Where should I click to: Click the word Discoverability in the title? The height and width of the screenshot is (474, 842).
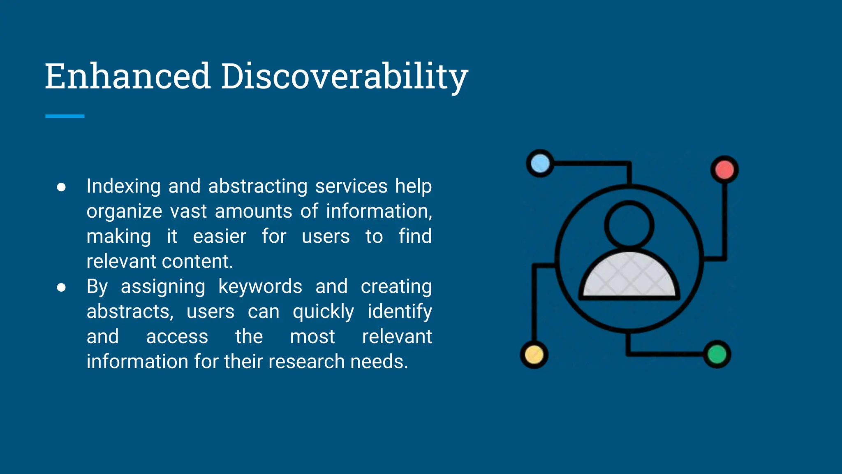tap(345, 77)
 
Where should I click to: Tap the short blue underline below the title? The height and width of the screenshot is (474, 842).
tap(65, 116)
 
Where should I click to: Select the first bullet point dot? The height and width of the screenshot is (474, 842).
tap(61, 187)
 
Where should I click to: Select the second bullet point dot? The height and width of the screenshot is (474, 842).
tap(61, 287)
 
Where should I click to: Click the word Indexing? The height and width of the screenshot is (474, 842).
tap(123, 186)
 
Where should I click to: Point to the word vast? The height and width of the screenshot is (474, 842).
tap(188, 211)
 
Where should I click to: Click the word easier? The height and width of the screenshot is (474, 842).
tap(220, 237)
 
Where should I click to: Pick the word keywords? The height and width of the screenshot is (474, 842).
tap(260, 287)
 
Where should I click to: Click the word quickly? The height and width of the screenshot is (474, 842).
tap(323, 312)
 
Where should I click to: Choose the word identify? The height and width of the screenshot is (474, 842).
tap(399, 312)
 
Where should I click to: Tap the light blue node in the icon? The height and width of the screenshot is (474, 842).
tap(540, 163)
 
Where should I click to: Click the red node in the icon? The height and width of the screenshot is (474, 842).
tap(724, 170)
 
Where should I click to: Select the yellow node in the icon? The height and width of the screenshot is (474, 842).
tap(534, 355)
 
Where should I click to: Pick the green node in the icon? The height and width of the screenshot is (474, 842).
tap(717, 354)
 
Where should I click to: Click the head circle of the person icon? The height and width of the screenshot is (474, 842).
tap(629, 225)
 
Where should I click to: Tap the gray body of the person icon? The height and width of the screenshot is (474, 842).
tap(629, 276)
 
